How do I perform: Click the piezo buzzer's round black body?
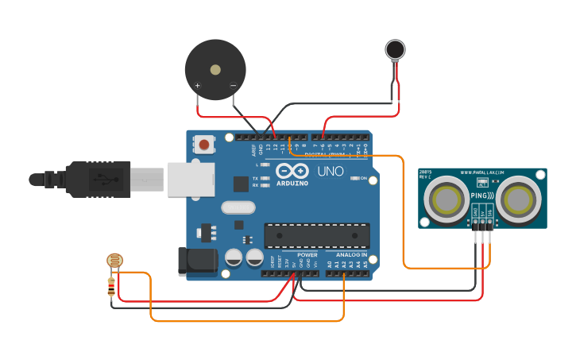tap(215, 69)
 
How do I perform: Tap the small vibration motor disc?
tap(395, 50)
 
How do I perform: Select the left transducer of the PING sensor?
tap(446, 198)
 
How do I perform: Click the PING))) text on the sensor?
tap(482, 195)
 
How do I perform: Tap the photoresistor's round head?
tap(114, 260)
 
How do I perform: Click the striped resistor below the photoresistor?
tap(111, 283)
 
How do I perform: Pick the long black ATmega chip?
tap(317, 235)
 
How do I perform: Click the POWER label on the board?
tap(307, 255)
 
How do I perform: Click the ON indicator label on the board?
tap(363, 178)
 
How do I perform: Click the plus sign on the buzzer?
tap(197, 85)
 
